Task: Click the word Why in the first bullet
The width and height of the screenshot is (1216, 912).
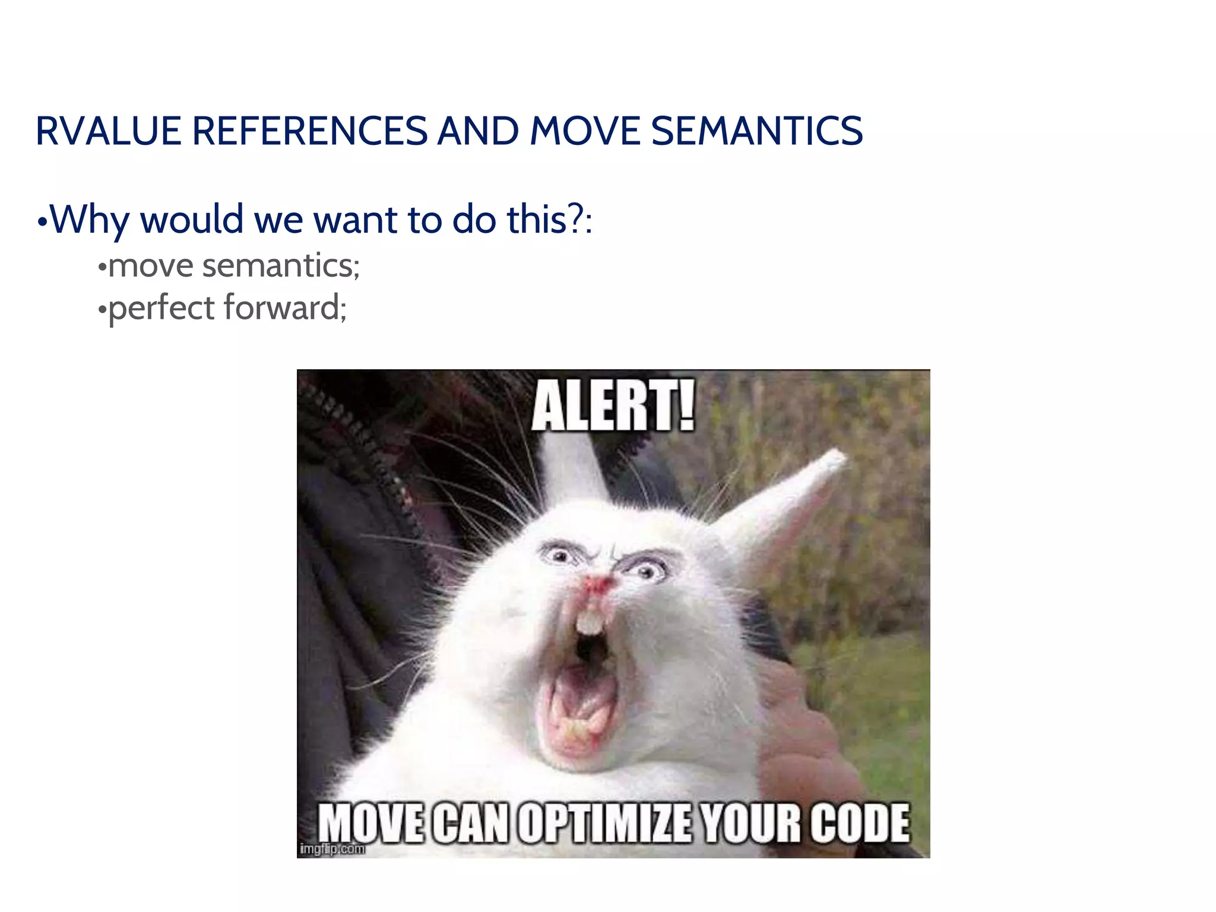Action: click(x=89, y=220)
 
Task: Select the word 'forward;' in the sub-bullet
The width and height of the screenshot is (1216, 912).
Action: click(x=285, y=308)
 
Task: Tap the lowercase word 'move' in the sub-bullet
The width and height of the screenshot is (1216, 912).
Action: click(x=151, y=265)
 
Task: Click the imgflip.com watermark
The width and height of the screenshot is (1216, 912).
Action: click(x=332, y=849)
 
